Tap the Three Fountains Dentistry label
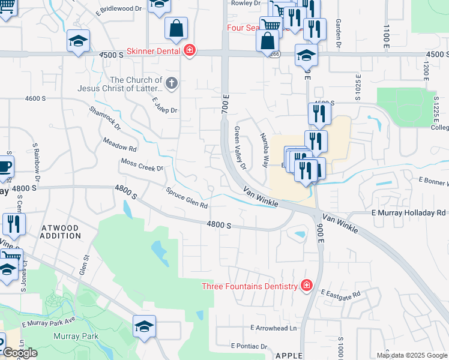[x=250, y=286]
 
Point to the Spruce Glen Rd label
[x=187, y=197]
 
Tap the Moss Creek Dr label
[x=142, y=164]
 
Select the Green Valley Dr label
[x=240, y=148]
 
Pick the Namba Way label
[x=264, y=151]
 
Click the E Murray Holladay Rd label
[x=408, y=213]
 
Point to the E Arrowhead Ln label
[x=274, y=328]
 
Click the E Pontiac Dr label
[x=249, y=346]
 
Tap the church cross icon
[x=172, y=83]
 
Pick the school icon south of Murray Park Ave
[x=144, y=327]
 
